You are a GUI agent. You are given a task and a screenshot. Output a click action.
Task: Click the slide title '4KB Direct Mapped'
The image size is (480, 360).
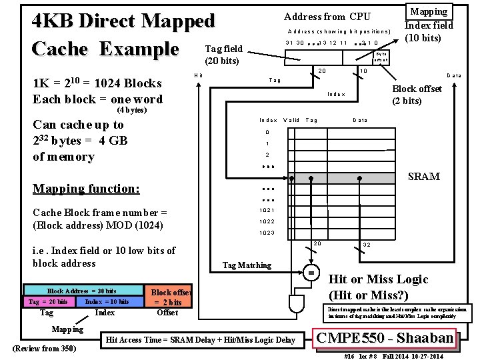click(124, 21)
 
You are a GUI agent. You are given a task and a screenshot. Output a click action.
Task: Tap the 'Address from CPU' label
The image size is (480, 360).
click(327, 16)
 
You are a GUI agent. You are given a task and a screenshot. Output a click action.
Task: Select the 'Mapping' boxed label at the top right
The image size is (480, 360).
click(429, 11)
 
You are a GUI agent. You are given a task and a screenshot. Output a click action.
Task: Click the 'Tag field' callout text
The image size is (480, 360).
click(223, 48)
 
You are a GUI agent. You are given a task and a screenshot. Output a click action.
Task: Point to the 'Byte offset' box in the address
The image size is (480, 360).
click(381, 57)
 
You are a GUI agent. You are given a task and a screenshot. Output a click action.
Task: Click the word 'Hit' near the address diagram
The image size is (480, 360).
click(198, 75)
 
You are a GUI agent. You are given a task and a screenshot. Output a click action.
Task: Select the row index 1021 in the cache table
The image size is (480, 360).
click(267, 210)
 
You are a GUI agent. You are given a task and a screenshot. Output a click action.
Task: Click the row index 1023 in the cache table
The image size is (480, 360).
click(267, 233)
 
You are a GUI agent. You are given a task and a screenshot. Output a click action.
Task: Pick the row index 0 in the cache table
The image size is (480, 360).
click(267, 132)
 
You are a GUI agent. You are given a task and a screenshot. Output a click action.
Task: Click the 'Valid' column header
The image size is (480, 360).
click(291, 120)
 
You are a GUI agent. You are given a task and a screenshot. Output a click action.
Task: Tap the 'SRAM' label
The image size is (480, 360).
click(424, 177)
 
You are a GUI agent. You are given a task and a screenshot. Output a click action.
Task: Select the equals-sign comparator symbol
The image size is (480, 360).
click(311, 273)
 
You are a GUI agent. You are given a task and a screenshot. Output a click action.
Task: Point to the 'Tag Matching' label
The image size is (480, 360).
click(247, 265)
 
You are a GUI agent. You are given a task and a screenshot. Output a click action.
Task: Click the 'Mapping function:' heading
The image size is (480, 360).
click(87, 189)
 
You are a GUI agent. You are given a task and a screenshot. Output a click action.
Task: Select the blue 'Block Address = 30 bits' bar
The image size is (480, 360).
click(81, 291)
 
